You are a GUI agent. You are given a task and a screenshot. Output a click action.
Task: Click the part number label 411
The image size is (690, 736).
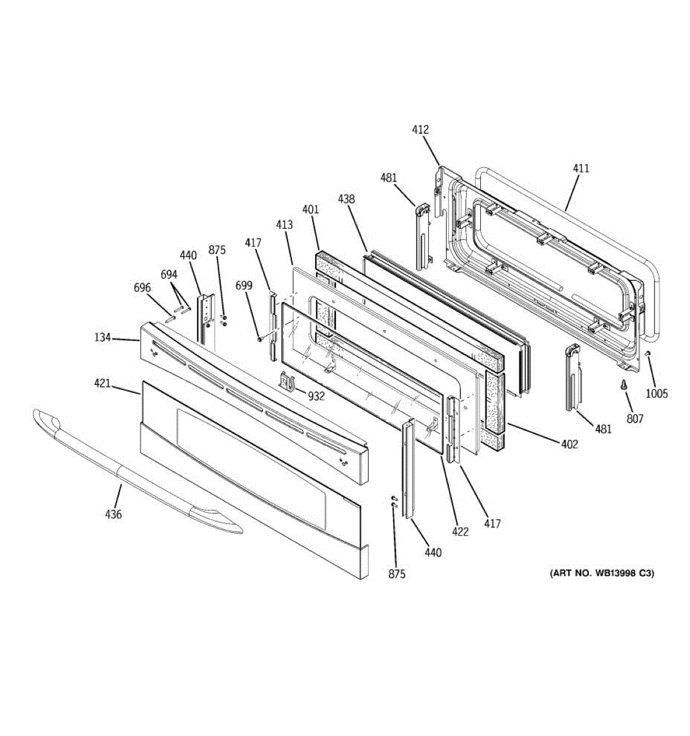(x=580, y=168)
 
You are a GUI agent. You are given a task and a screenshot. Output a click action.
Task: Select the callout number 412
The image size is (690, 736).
(x=420, y=129)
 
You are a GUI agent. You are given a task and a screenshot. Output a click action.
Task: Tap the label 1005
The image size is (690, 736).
(x=656, y=394)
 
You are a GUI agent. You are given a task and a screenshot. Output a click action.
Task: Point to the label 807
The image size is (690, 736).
(x=635, y=419)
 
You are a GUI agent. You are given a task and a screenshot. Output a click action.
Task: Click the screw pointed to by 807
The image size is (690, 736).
(x=624, y=385)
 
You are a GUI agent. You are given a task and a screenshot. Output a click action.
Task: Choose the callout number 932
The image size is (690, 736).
(x=316, y=396)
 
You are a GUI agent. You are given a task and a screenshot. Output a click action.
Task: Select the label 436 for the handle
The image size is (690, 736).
(x=113, y=514)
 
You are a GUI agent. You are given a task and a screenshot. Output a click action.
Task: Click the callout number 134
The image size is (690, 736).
(x=102, y=337)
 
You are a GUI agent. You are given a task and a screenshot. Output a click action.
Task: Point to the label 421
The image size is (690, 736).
(x=102, y=383)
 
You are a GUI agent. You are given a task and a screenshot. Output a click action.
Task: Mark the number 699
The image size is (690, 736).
(x=244, y=285)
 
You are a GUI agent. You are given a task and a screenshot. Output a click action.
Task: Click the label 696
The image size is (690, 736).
(x=142, y=288)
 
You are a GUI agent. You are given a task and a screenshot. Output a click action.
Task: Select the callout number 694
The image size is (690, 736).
(x=169, y=275)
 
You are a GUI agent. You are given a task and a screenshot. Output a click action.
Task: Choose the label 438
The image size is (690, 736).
(x=346, y=199)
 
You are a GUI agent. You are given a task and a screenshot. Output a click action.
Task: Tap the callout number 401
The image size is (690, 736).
(x=310, y=209)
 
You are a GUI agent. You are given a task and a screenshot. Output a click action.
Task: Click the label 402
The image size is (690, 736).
(x=569, y=444)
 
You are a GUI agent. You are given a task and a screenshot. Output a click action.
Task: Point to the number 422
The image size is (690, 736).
(x=460, y=532)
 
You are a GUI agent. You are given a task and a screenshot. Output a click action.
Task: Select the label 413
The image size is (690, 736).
(x=284, y=224)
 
